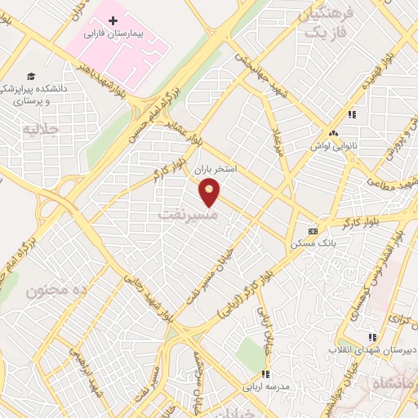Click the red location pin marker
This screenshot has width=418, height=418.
tap(210, 193)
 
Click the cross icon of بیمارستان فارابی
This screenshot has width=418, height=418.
tap(113, 19)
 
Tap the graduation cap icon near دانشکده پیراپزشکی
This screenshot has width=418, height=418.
tap(31, 74)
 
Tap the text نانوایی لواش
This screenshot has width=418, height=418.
tap(333, 145)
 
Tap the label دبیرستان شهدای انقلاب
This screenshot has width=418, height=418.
tap(371, 349)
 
